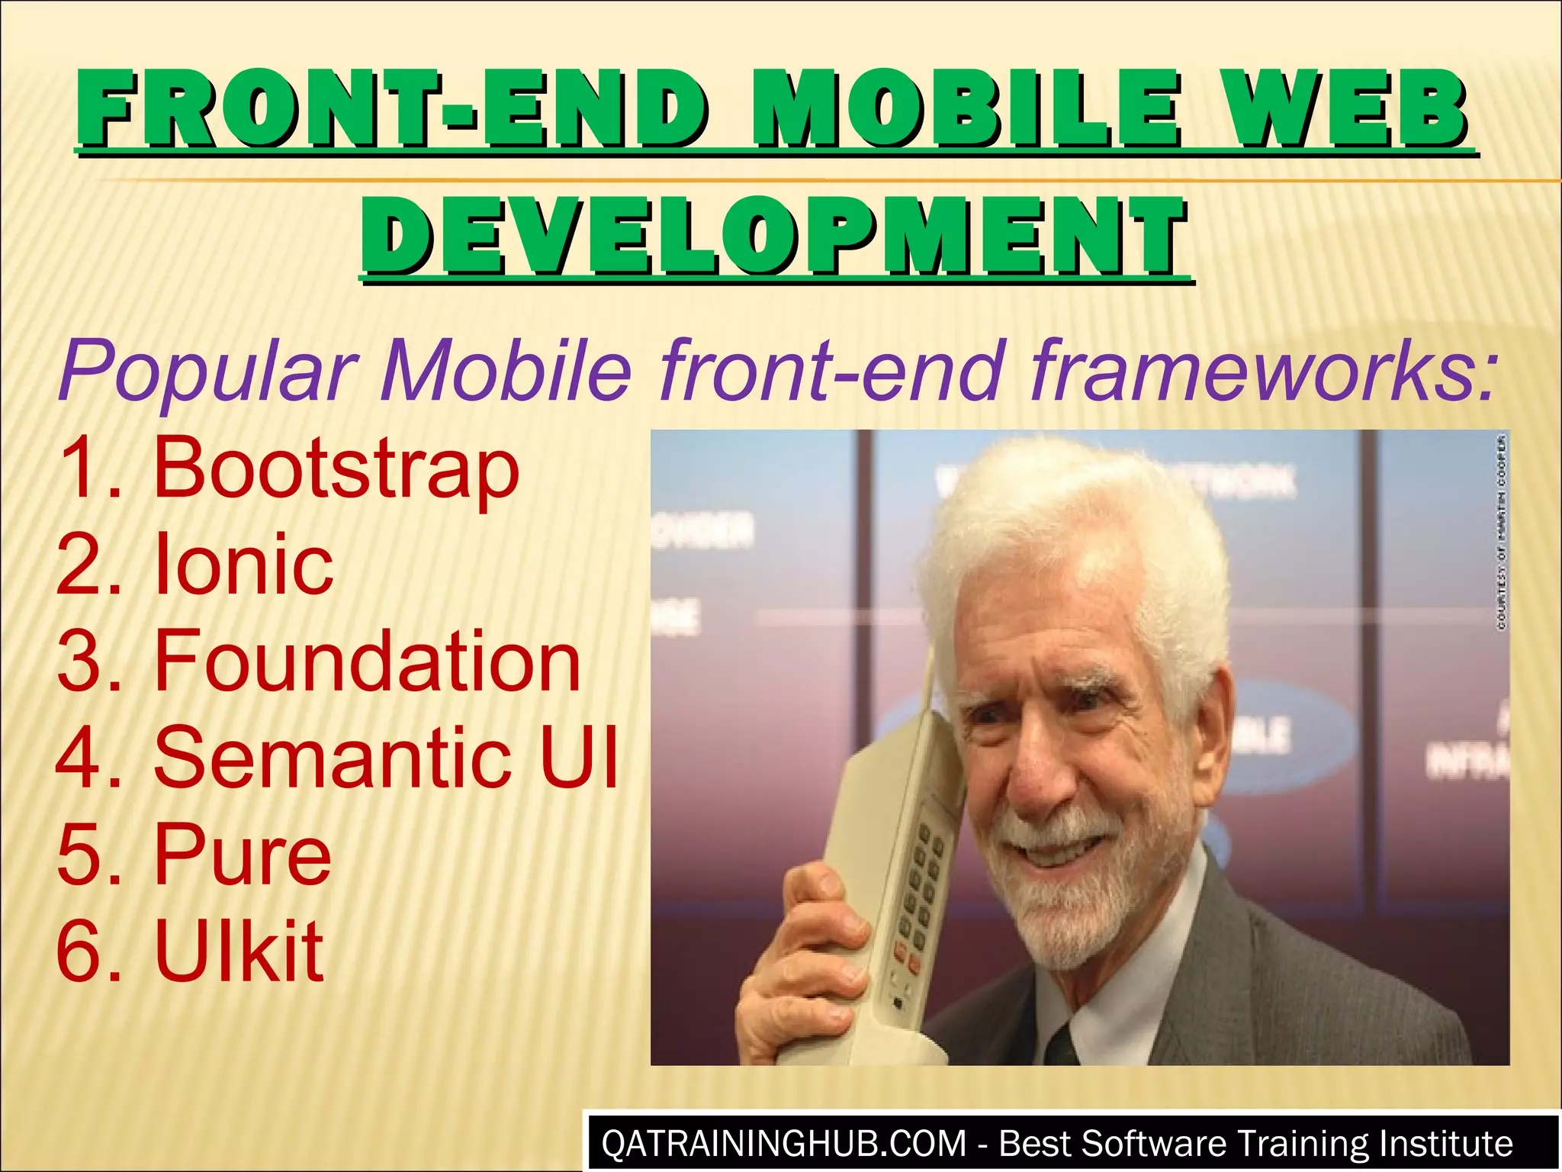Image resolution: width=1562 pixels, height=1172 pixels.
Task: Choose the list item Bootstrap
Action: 336,467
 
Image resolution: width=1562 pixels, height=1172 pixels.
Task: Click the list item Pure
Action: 243,855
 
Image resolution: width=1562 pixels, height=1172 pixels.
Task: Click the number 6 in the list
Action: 76,951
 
